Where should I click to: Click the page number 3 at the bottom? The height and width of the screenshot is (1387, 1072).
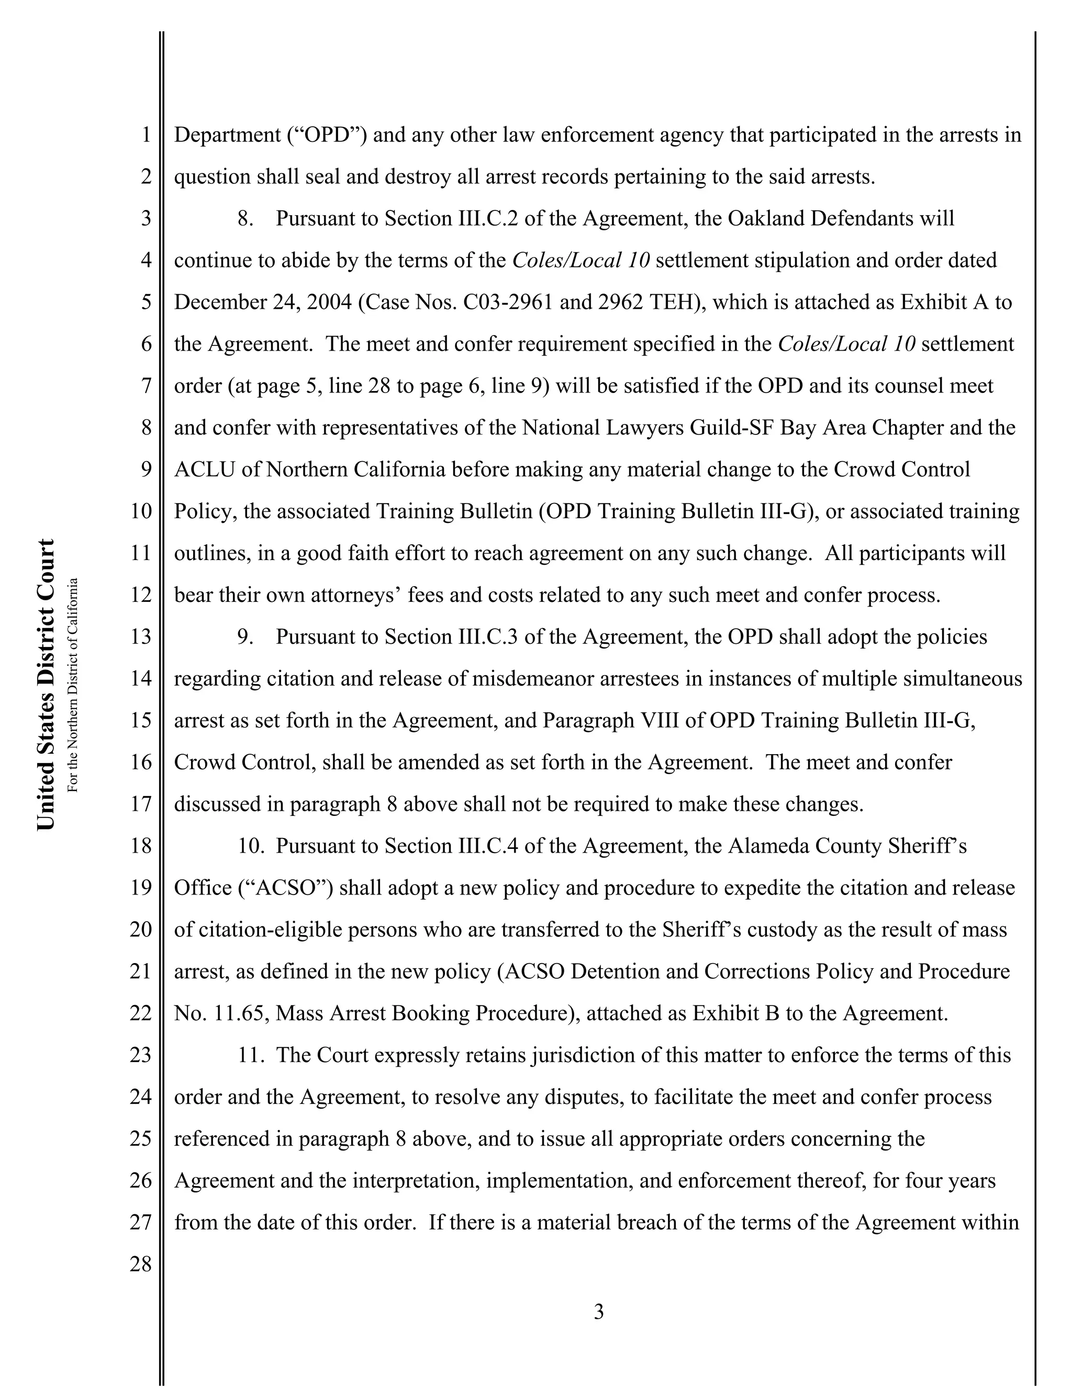tap(598, 1312)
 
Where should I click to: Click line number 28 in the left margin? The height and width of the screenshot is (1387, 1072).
tap(141, 1264)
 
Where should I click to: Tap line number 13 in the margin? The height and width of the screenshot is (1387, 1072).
tap(141, 636)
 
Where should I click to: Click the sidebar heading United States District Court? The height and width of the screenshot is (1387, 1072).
tap(46, 685)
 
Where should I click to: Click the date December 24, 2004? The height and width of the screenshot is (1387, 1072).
tap(263, 303)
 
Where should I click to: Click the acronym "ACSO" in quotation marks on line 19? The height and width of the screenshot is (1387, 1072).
tap(286, 888)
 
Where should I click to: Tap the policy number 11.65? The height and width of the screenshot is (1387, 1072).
tap(241, 1013)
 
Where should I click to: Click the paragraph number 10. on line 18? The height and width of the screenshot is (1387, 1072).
tap(251, 846)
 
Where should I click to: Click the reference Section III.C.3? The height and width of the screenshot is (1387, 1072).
tap(452, 637)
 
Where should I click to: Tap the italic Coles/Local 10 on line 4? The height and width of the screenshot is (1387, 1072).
tap(580, 260)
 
